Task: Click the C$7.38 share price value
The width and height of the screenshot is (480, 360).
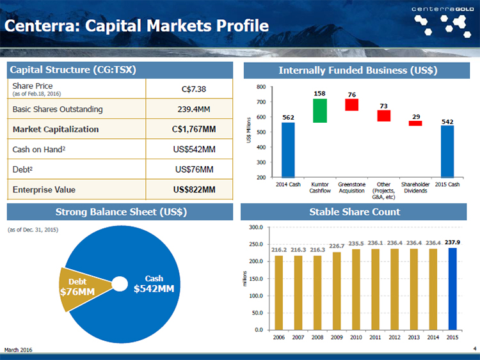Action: [x=194, y=90]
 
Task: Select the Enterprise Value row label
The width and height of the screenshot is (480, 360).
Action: [x=44, y=190]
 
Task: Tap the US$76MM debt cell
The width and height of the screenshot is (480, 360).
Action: [x=194, y=169]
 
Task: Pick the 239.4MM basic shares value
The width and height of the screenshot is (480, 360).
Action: [x=194, y=109]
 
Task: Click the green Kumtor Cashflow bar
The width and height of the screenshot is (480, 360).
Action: [x=320, y=111]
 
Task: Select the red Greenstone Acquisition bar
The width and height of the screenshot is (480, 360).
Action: [x=352, y=105]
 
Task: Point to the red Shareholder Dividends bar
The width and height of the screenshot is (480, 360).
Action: [x=415, y=123]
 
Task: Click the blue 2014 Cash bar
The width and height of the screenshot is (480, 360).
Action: [x=288, y=150]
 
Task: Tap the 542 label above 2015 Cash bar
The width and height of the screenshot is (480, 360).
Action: [x=447, y=121]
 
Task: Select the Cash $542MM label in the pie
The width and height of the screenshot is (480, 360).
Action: [x=154, y=284]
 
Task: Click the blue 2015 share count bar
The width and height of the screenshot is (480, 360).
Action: [x=452, y=289]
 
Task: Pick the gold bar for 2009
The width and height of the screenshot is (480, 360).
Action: [x=337, y=291]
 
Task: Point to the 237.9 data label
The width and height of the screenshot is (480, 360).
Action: [x=452, y=242]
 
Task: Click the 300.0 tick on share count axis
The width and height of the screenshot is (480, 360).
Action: [x=256, y=227]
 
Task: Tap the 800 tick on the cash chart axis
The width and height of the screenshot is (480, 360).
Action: [x=261, y=87]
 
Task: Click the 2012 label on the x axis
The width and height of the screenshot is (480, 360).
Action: [x=395, y=338]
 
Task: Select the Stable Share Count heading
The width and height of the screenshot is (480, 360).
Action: [x=355, y=212]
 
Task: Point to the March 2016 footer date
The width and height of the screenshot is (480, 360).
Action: [x=18, y=350]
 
